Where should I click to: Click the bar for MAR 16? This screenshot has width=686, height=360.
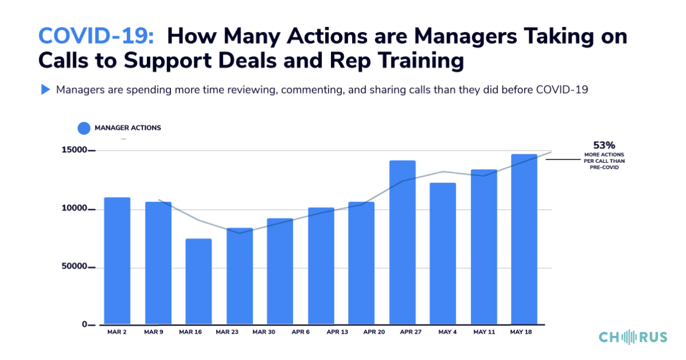(x=198, y=282)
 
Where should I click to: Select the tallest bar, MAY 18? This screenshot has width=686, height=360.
(x=524, y=239)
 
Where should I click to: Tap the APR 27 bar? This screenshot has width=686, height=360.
(x=402, y=242)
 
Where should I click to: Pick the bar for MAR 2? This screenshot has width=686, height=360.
(x=117, y=261)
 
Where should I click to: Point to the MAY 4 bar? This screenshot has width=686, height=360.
(x=443, y=254)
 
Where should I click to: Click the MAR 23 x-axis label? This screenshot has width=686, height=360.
(x=227, y=332)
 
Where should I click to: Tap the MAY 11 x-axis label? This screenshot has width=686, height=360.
(x=483, y=332)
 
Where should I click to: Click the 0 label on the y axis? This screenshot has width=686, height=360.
(x=84, y=325)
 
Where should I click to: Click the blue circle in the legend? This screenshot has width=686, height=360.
(x=84, y=128)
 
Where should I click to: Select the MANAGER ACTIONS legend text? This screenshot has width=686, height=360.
(x=128, y=128)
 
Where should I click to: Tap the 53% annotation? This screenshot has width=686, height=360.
(x=604, y=145)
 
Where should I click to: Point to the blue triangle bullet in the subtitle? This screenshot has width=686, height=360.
(x=45, y=90)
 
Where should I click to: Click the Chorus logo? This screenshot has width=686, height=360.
(x=633, y=337)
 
